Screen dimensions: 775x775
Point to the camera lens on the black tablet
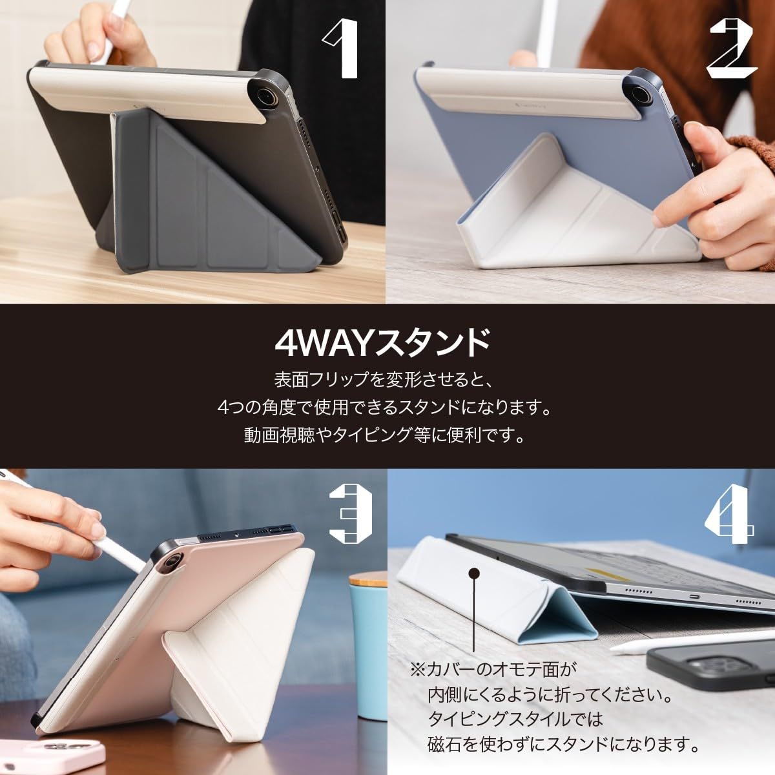click(267, 97)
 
